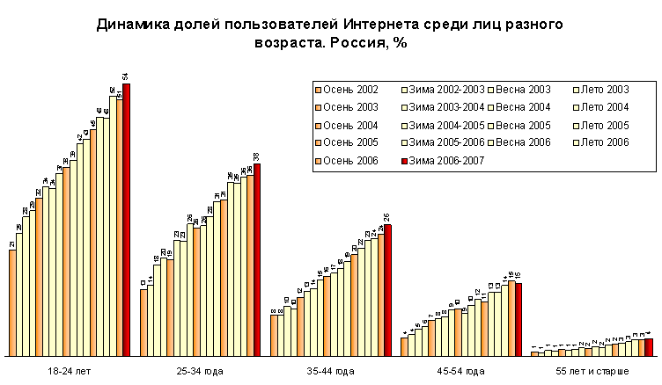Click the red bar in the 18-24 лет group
click(x=127, y=220)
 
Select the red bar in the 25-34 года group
click(x=257, y=259)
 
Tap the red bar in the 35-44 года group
click(x=387, y=290)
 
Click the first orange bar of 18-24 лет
click(x=12, y=302)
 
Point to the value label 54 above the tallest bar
click(x=127, y=76)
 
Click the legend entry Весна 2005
click(x=525, y=125)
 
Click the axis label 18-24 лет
click(x=69, y=371)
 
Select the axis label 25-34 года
click(x=199, y=371)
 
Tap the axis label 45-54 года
click(x=460, y=371)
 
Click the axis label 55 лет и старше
click(x=592, y=371)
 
